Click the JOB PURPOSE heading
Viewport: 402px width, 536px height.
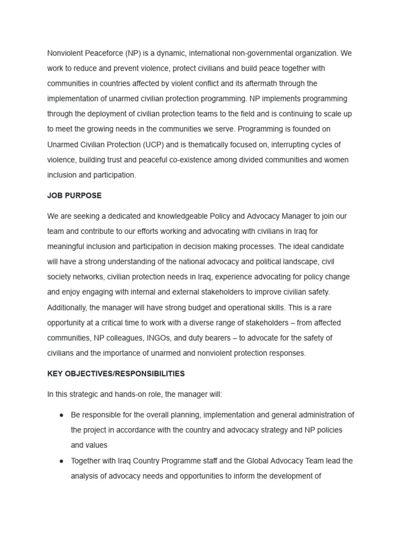point(74,195)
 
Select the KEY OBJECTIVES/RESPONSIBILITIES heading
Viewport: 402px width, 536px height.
point(116,374)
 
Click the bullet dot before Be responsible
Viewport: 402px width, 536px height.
point(61,415)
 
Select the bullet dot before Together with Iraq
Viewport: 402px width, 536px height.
point(61,461)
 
